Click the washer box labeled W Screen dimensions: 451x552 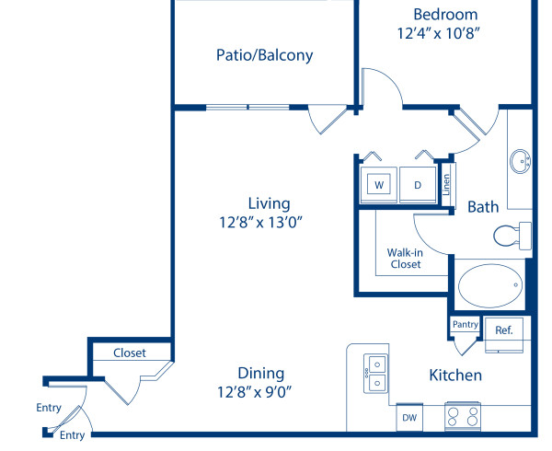[x=378, y=185]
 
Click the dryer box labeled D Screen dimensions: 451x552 [x=418, y=185]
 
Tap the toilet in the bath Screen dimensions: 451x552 [x=510, y=237]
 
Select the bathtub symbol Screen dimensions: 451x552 [x=489, y=286]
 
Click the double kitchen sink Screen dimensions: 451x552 [x=375, y=374]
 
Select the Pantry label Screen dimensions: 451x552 [x=466, y=324]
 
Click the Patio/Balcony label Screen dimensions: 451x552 [x=264, y=55]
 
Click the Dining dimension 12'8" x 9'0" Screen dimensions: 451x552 [x=260, y=391]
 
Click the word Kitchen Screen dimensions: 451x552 [x=455, y=376]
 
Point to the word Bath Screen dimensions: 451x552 [x=483, y=207]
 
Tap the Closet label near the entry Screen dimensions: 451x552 [x=129, y=353]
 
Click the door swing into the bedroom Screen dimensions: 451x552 [x=383, y=88]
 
